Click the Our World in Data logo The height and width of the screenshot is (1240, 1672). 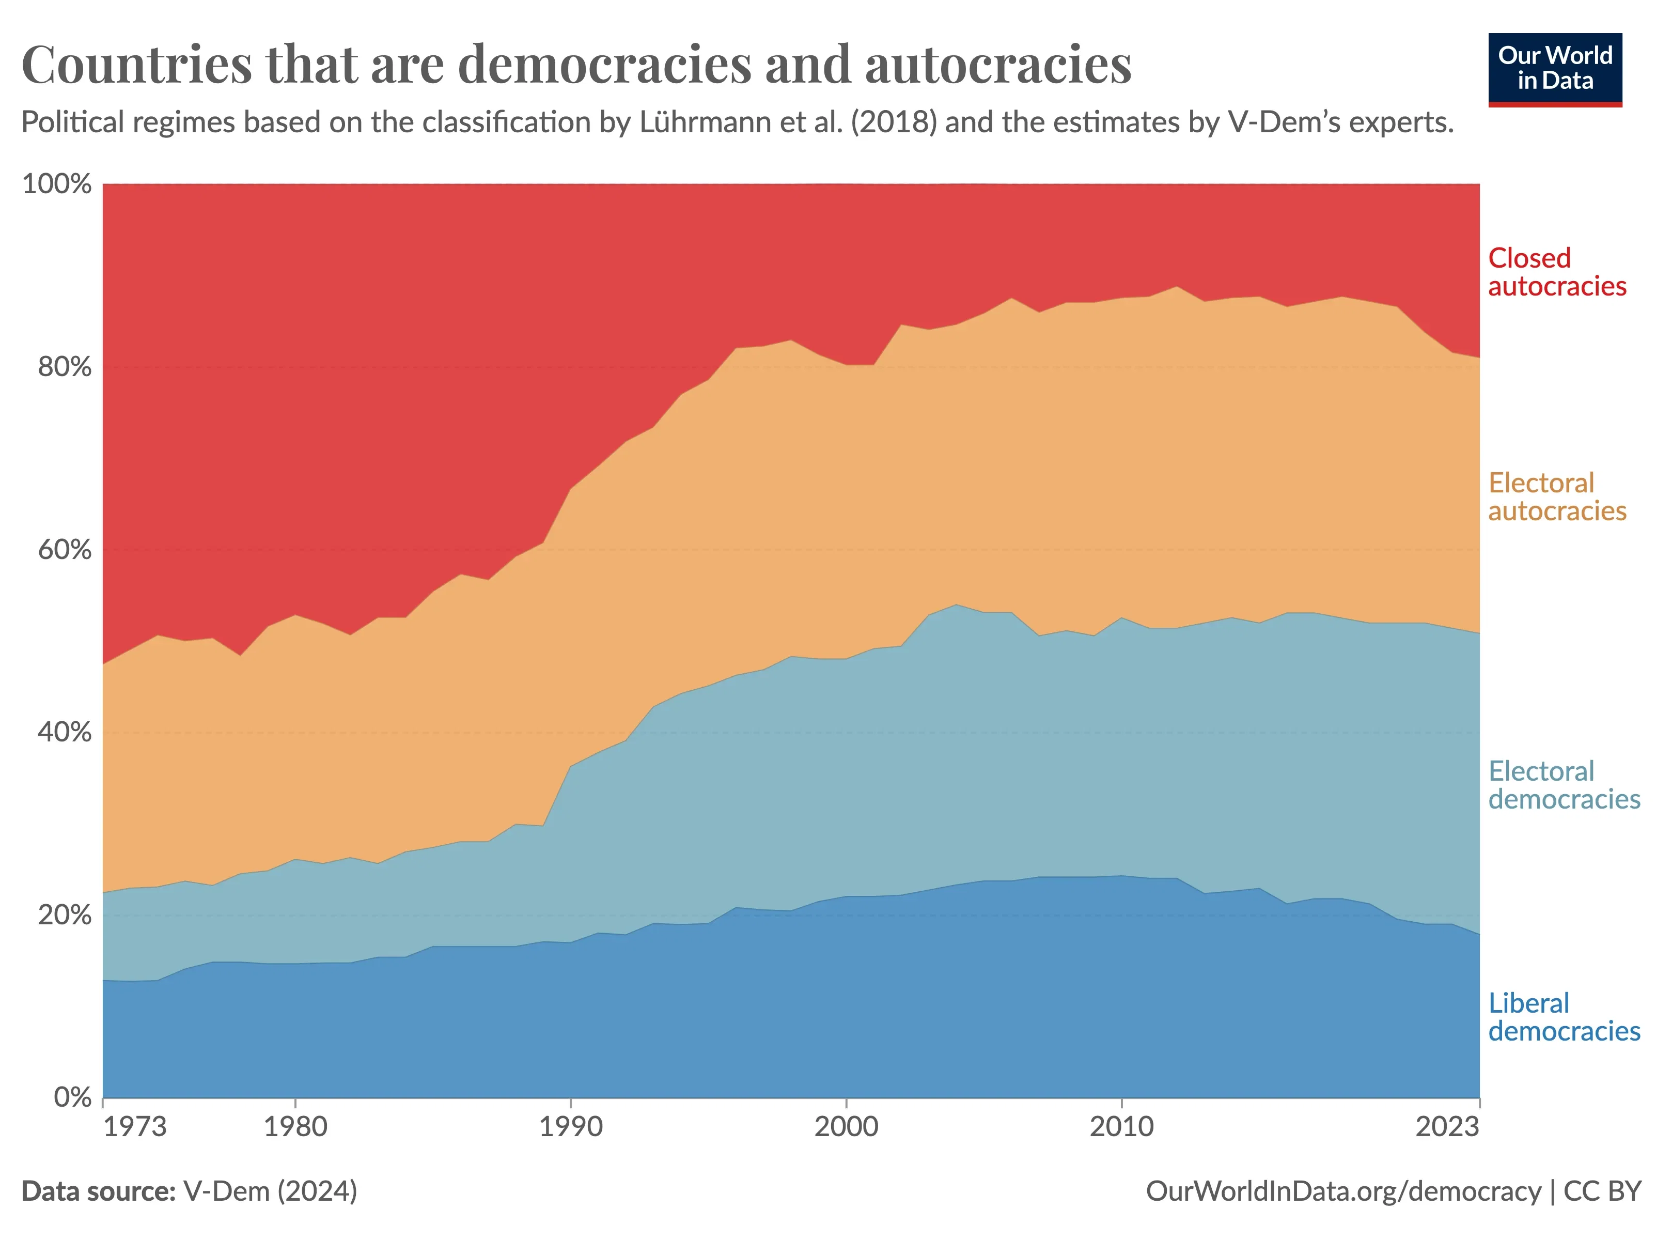click(1555, 69)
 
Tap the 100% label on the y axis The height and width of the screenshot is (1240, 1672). click(57, 184)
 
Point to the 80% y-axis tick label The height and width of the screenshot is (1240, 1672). click(65, 367)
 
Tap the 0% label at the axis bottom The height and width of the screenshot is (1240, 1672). click(73, 1097)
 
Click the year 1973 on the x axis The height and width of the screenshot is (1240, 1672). click(135, 1127)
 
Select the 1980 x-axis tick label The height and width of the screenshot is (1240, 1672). click(295, 1127)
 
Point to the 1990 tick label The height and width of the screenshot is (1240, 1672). click(571, 1127)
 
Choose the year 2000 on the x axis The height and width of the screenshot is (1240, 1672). click(847, 1127)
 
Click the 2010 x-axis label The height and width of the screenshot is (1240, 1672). click(1121, 1127)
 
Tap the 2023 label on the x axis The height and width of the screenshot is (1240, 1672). click(1447, 1127)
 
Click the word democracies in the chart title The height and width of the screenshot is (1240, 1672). click(604, 65)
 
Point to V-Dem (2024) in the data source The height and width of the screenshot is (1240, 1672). click(270, 1191)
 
